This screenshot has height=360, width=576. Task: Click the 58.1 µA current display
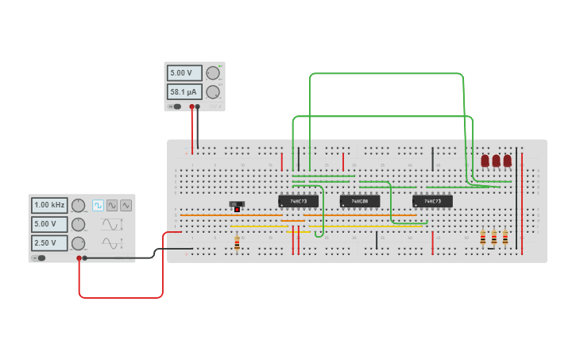tap(184, 91)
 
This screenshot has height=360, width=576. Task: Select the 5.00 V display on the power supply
tap(184, 73)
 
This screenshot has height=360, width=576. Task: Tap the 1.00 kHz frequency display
tap(49, 205)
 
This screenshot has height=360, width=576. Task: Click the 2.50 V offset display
tap(49, 242)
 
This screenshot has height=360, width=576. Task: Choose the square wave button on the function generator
tap(98, 205)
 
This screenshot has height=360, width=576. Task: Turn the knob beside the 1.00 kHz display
tap(78, 205)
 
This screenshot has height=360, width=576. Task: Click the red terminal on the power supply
tap(191, 106)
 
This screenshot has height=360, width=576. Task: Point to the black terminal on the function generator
tap(85, 257)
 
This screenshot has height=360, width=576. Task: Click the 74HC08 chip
tap(360, 201)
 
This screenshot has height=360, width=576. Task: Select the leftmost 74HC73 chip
tap(298, 201)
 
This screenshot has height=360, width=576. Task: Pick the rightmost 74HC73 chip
tap(432, 201)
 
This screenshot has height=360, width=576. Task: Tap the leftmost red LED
tap(485, 161)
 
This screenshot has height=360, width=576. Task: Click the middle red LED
tap(496, 161)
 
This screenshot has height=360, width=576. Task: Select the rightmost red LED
tap(507, 161)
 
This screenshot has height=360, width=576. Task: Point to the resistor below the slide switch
tap(237, 244)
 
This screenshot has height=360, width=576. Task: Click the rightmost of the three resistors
tap(504, 238)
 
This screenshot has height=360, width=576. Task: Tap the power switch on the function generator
tap(38, 257)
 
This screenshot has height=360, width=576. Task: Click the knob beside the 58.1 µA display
tap(212, 91)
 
